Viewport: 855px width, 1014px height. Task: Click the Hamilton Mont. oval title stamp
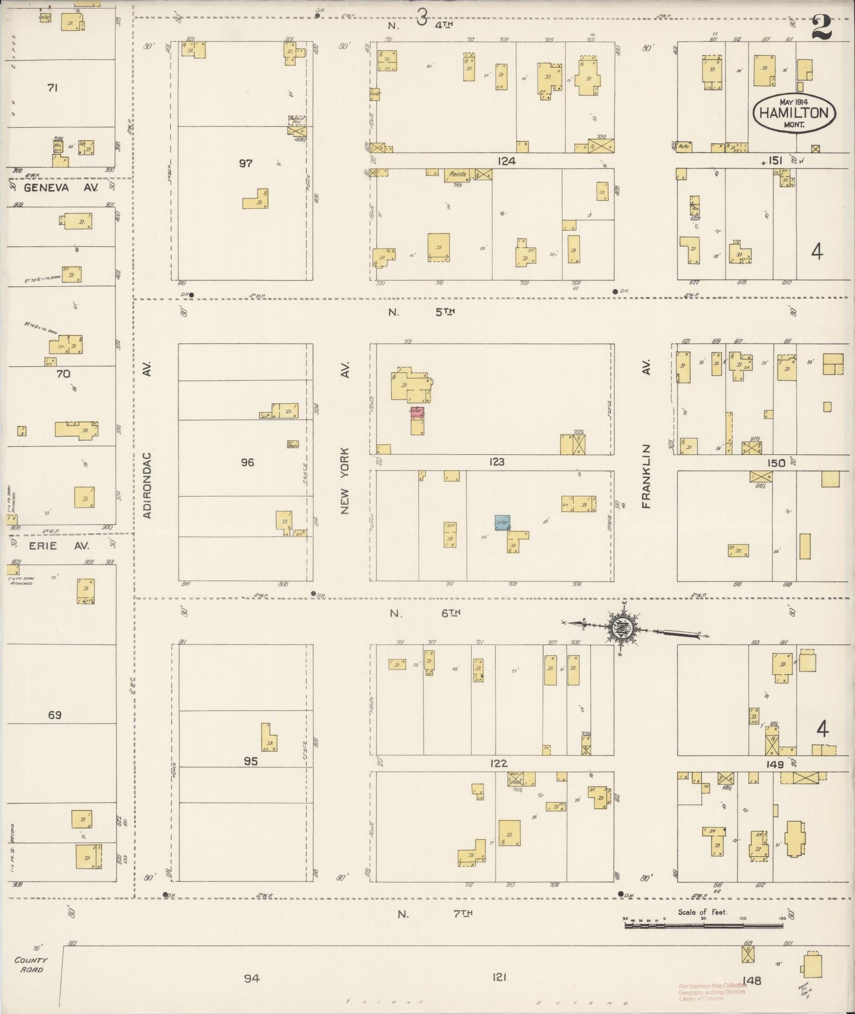pos(794,113)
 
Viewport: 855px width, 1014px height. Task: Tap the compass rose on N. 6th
pos(621,629)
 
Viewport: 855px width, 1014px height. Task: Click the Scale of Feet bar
pos(703,925)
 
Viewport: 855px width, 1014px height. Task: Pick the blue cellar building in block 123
pos(503,523)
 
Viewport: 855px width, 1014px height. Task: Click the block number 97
pos(245,163)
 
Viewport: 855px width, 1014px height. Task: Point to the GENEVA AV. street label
pos(54,188)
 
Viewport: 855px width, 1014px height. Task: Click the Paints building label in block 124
pos(457,174)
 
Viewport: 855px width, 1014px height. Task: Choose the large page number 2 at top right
pos(822,27)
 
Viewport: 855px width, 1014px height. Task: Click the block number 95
pos(251,761)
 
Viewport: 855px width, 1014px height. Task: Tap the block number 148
pos(752,981)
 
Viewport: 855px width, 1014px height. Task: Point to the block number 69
pos(55,715)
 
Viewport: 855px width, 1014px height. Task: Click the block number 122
pos(499,763)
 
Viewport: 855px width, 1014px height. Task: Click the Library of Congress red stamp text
pos(712,992)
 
